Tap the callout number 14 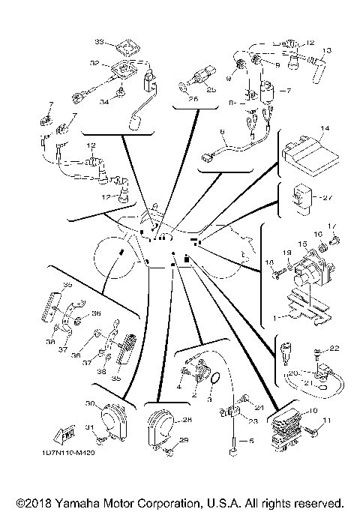click(x=323, y=129)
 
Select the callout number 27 click(x=326, y=198)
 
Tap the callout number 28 click(x=187, y=420)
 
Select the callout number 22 click(x=335, y=348)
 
